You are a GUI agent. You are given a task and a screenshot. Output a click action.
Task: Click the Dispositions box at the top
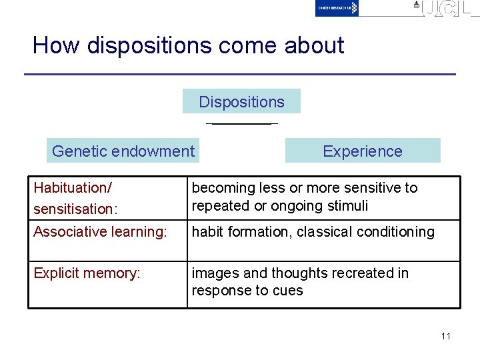tap(241, 102)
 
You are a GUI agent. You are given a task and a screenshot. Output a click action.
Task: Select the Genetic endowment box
tap(123, 151)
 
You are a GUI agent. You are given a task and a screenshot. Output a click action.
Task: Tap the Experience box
tap(363, 151)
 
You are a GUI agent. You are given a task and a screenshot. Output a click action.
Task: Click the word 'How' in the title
tap(56, 45)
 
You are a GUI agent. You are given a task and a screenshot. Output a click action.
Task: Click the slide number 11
tap(445, 335)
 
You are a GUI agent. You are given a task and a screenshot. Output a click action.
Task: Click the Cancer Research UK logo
tap(337, 8)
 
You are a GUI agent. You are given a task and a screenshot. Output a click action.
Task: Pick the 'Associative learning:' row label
tap(100, 232)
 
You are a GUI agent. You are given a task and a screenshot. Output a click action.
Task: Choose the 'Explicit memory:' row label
tap(87, 273)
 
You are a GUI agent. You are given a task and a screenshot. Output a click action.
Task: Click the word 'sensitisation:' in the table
tap(75, 209)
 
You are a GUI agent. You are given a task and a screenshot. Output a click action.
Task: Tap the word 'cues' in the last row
tap(289, 291)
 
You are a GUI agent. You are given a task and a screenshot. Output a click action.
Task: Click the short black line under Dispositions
tap(241, 124)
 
